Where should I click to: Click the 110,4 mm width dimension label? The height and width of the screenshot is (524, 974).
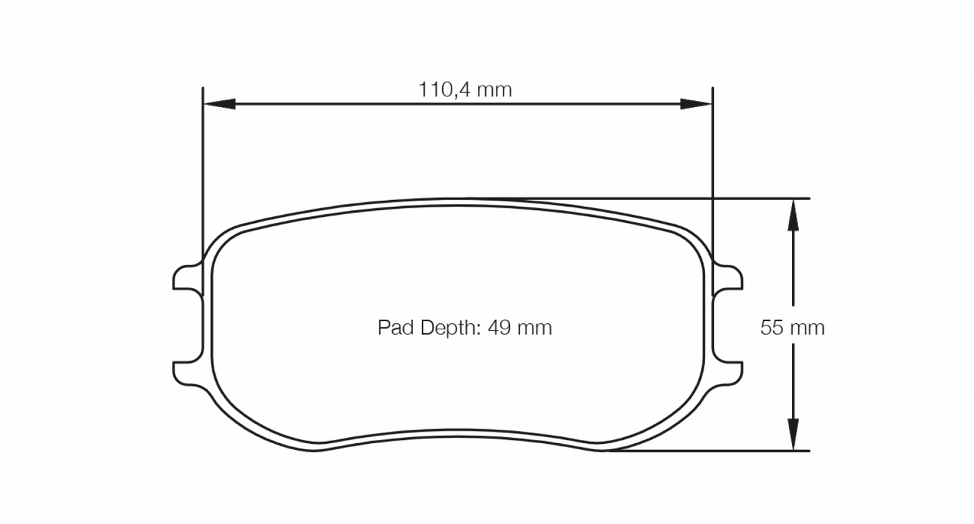tap(465, 90)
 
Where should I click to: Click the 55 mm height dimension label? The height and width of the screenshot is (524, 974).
tap(792, 328)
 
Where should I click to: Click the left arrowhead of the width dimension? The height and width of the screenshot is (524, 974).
tap(220, 104)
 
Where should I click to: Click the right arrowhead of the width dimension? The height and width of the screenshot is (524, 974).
tap(696, 104)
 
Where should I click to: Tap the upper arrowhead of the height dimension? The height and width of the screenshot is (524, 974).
tap(793, 216)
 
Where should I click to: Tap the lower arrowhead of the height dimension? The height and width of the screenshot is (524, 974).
tap(793, 434)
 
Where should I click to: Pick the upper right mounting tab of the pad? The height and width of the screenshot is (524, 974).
tap(729, 278)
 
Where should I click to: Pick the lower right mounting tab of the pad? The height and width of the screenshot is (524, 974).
tap(729, 372)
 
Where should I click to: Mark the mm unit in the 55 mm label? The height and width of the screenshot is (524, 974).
tap(808, 328)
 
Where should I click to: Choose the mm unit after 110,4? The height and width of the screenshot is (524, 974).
tap(495, 90)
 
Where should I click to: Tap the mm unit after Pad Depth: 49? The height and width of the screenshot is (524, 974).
tap(535, 328)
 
